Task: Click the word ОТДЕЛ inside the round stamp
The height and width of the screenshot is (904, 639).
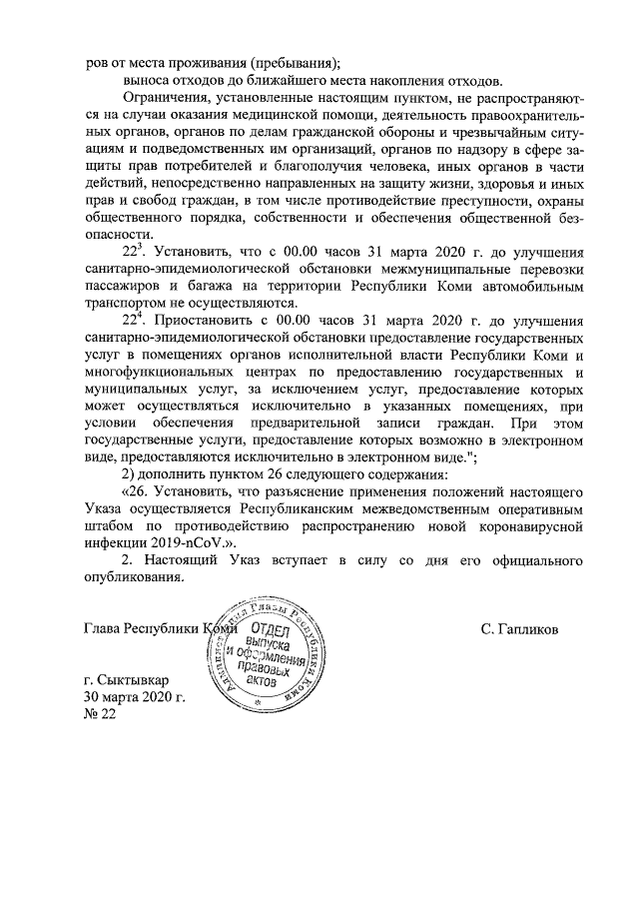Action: click(265, 630)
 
